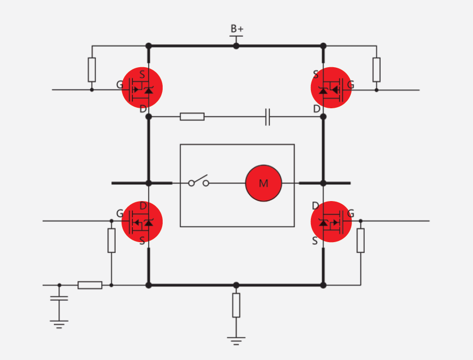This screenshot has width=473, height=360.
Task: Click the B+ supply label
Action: [236, 29]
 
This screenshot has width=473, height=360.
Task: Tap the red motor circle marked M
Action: [263, 183]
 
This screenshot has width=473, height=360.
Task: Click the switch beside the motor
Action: [198, 181]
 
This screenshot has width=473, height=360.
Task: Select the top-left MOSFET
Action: [142, 88]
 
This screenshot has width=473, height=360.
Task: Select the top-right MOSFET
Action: [331, 88]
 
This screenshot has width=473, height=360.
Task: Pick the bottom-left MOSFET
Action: [142, 222]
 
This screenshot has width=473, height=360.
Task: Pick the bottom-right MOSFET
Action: [331, 222]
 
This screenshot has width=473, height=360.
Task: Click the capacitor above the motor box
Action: [268, 117]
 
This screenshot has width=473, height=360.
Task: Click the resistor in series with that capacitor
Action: [192, 117]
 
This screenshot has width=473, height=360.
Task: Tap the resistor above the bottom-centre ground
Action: [236, 305]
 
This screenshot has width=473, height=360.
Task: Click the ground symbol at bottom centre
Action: [236, 339]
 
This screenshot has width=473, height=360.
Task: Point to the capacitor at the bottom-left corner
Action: [59, 298]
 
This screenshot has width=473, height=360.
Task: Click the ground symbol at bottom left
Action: [59, 323]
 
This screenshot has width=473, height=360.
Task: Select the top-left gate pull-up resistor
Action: [92, 69]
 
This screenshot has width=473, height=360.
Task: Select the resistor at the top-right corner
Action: [376, 69]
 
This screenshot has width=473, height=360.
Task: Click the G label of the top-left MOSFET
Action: [119, 85]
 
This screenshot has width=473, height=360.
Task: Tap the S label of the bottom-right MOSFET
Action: [315, 241]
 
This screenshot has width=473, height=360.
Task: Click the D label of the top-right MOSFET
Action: [317, 109]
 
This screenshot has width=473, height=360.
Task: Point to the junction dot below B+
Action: [236, 46]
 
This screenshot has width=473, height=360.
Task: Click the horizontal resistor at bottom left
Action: [90, 285]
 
